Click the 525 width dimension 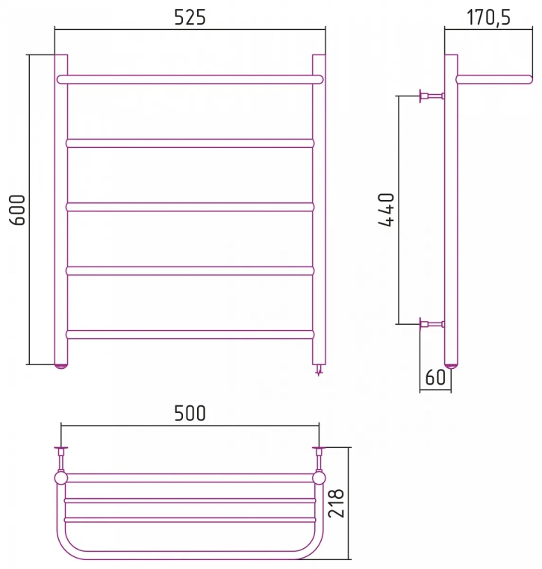tap(190, 17)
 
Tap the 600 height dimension tap(17, 210)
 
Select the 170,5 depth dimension tap(488, 17)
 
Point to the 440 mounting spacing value tap(386, 210)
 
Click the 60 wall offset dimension tap(435, 377)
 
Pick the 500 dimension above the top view tap(190, 413)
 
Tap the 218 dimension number tap(336, 503)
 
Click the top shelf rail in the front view tap(190, 79)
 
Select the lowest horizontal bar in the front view tap(190, 335)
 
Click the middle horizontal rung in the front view tap(190, 207)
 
